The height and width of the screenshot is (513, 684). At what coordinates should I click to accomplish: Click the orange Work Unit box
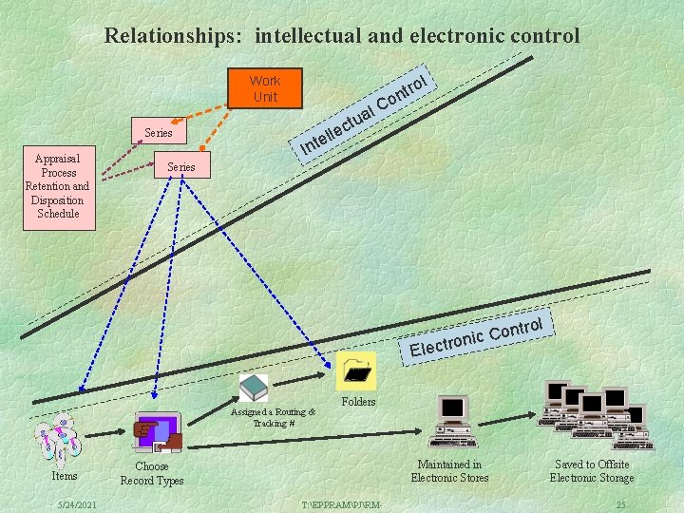tap(265, 88)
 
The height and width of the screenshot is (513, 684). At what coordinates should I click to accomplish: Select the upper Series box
tap(158, 132)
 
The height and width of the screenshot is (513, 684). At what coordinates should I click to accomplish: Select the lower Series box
tap(180, 166)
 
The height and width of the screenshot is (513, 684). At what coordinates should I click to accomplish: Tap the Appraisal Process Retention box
tap(57, 186)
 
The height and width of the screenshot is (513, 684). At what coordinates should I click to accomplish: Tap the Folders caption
tap(358, 402)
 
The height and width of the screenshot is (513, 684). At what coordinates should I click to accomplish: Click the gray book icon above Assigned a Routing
tap(253, 388)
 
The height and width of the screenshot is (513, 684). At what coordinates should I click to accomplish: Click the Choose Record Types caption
tap(151, 473)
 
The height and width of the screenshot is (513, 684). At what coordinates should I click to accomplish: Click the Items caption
tap(65, 475)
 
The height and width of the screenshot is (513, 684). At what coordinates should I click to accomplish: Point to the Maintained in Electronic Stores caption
tap(449, 471)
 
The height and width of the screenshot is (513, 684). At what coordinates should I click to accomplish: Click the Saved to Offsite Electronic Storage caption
tap(591, 471)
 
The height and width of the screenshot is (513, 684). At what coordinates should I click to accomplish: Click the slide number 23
tap(620, 503)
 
